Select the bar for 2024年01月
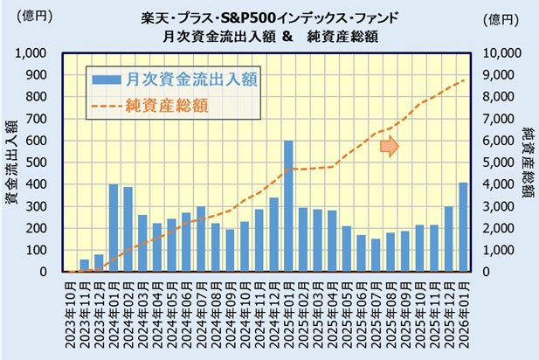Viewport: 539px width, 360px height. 114,228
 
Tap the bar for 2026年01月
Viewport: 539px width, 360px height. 463,227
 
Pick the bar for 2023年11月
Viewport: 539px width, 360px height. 84,266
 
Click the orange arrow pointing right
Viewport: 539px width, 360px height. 390,147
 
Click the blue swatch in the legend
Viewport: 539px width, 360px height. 108,80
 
